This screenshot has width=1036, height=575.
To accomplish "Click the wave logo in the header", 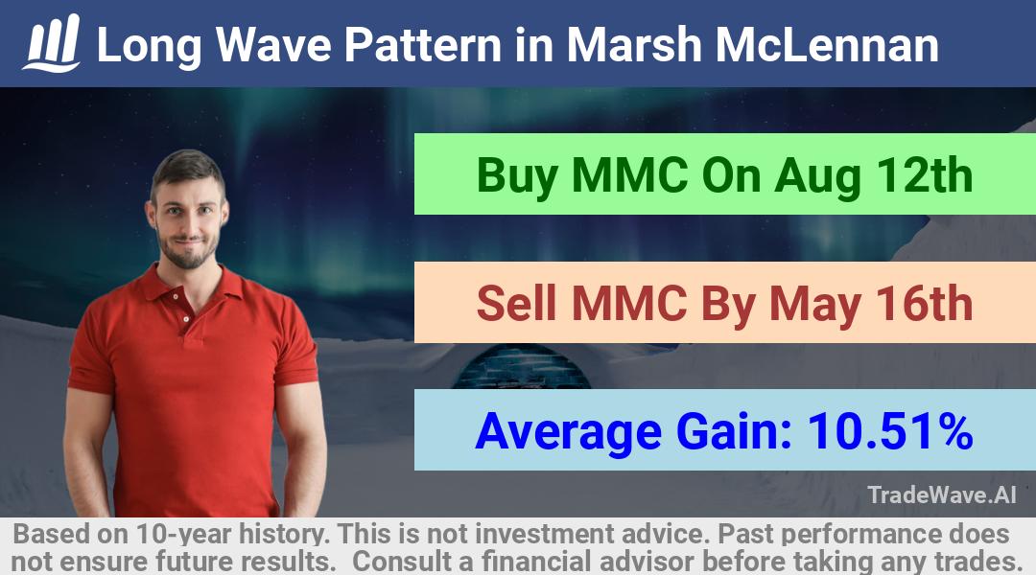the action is (52, 43).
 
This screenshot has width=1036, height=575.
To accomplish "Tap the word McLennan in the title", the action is (827, 45).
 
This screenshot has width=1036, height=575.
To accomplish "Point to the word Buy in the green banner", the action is (517, 177).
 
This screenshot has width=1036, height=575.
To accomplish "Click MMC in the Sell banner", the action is (629, 304).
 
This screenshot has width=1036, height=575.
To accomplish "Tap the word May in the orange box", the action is (815, 307).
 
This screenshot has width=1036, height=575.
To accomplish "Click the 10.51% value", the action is (890, 431).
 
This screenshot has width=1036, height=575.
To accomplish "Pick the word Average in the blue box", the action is (568, 434).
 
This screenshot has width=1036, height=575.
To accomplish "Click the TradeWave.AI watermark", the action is (942, 494).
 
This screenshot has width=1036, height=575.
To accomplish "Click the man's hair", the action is (187, 169).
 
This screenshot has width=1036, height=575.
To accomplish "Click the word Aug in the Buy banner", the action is (818, 178).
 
